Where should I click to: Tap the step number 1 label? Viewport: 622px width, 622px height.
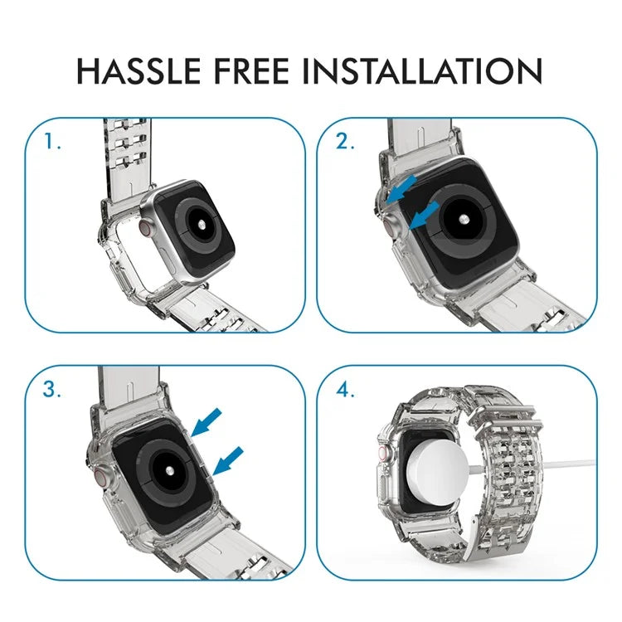[53, 142]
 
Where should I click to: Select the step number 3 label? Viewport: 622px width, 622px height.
[53, 391]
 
